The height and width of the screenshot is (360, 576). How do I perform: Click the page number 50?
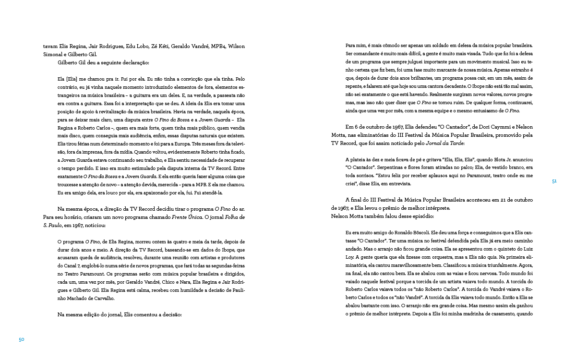(21, 339)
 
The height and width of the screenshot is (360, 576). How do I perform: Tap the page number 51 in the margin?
(554, 181)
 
